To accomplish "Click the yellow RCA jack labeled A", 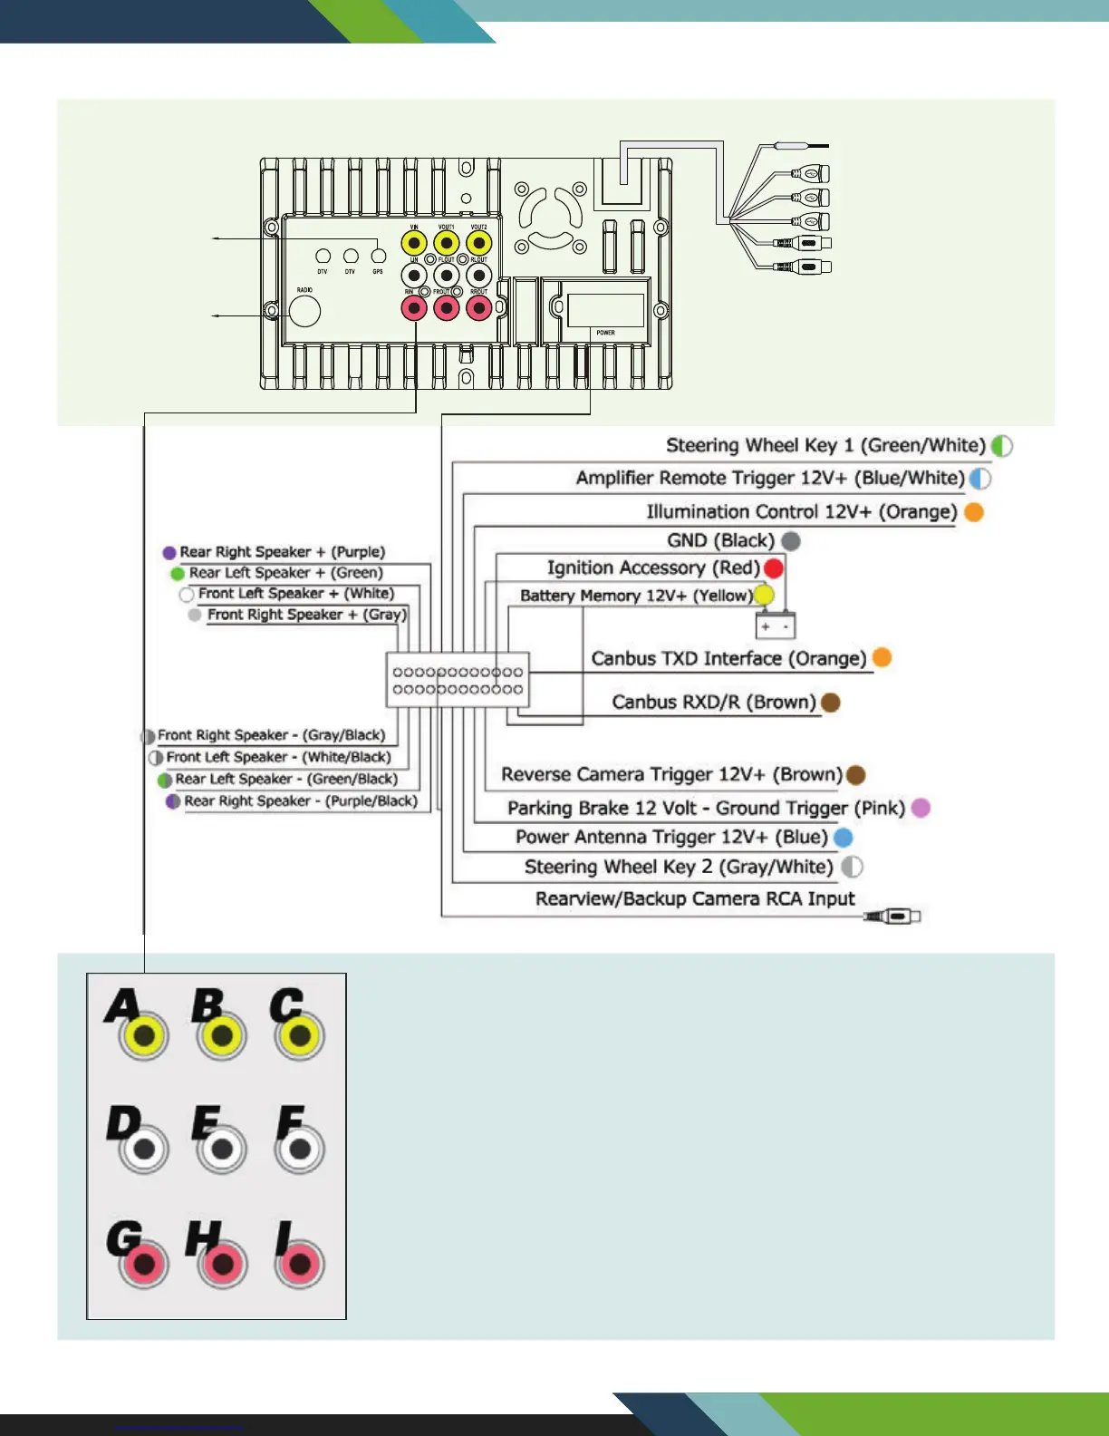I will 145,1035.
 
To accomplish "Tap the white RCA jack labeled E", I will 222,1150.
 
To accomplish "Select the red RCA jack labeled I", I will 300,1264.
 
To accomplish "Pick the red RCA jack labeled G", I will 145,1264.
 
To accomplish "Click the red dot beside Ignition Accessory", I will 774,568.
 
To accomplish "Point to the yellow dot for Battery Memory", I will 764,595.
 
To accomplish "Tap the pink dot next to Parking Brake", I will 921,808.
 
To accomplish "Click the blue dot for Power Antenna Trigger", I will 843,837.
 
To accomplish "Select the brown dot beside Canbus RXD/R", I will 830,703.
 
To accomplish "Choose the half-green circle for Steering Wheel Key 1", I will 1001,446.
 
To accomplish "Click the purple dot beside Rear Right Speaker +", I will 169,552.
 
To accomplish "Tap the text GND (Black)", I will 720,541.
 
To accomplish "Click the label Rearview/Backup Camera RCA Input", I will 695,898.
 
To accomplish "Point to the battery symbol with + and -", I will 775,626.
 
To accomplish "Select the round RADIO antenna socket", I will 305,311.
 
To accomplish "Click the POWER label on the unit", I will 605,333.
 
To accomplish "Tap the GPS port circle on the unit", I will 379,257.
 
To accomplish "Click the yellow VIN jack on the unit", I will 414,243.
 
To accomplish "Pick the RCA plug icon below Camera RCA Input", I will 893,917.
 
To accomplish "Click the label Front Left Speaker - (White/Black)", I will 278,757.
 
